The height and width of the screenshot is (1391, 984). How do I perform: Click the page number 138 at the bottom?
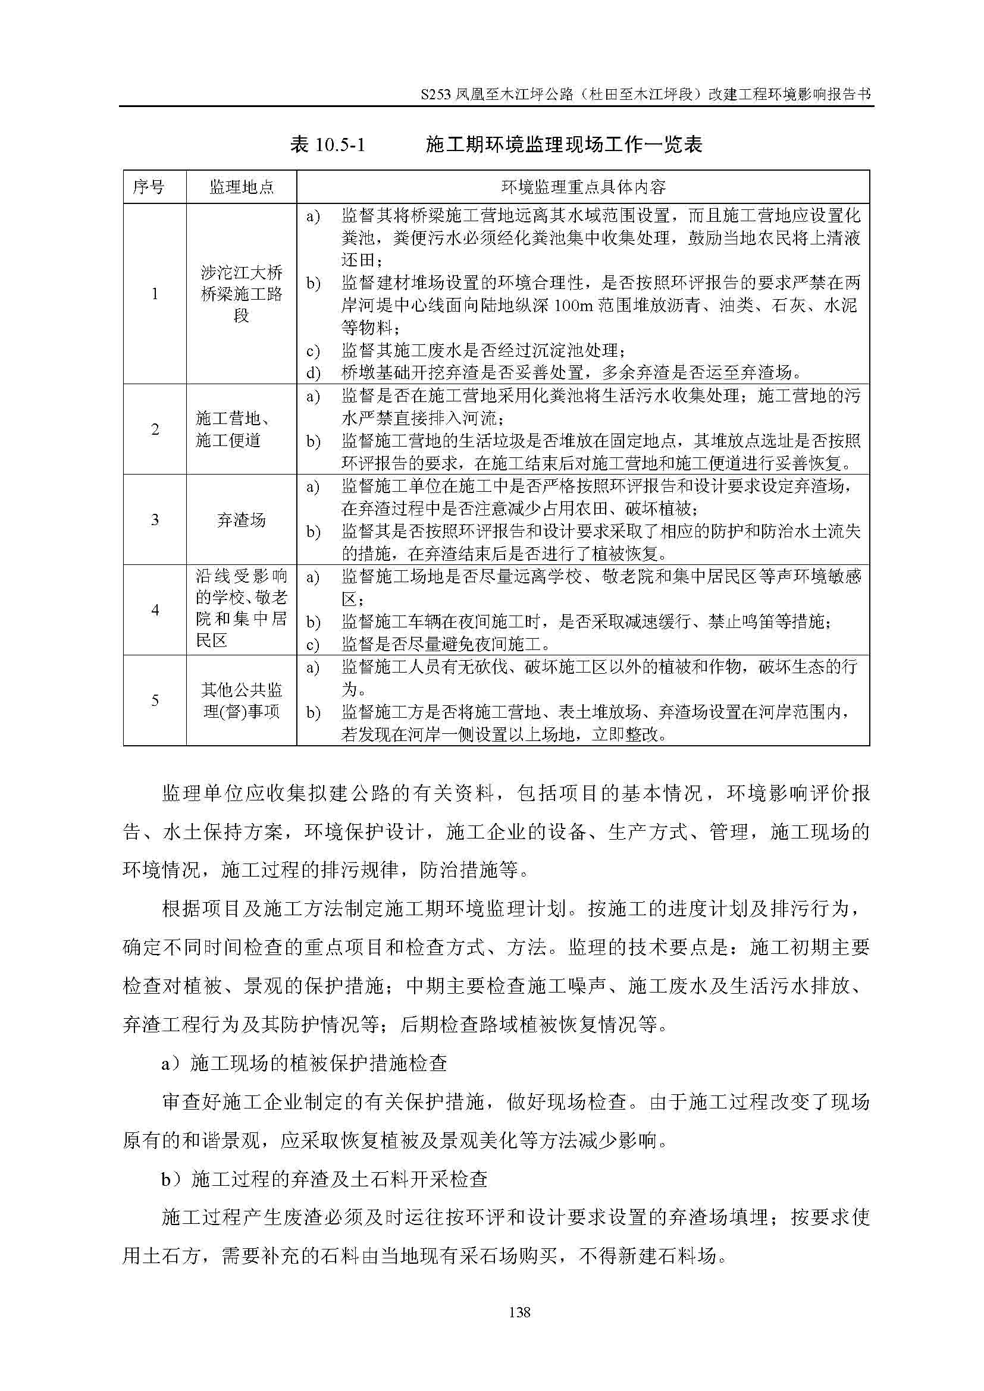point(520,1312)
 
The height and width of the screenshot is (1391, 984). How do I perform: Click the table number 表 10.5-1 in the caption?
point(327,145)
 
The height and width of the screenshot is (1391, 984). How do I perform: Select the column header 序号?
point(149,187)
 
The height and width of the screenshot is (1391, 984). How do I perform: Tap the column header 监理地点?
point(241,187)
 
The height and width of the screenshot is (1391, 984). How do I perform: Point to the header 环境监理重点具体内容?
point(583,187)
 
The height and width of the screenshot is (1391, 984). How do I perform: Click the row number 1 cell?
point(155,294)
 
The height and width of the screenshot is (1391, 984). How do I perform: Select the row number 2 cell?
point(155,429)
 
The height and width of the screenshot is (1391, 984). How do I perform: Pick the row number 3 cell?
point(155,520)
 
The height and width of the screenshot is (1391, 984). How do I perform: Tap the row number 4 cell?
point(155,610)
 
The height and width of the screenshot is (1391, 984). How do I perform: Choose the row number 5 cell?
point(155,701)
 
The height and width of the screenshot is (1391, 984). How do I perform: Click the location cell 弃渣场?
point(241,520)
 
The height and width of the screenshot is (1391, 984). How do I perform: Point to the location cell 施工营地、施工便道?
point(233,429)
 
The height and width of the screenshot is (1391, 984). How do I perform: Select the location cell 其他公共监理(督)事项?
point(241,701)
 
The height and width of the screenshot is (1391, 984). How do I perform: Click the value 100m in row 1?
point(572,305)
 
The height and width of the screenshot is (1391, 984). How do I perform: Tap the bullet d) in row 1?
point(313,373)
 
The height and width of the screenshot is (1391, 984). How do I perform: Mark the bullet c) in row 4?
point(313,644)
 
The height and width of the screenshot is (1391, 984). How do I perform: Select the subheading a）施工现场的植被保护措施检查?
point(304,1063)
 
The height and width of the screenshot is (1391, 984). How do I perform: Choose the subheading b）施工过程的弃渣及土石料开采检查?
point(324,1179)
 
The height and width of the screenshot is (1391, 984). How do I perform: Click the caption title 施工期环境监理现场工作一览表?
point(563,145)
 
